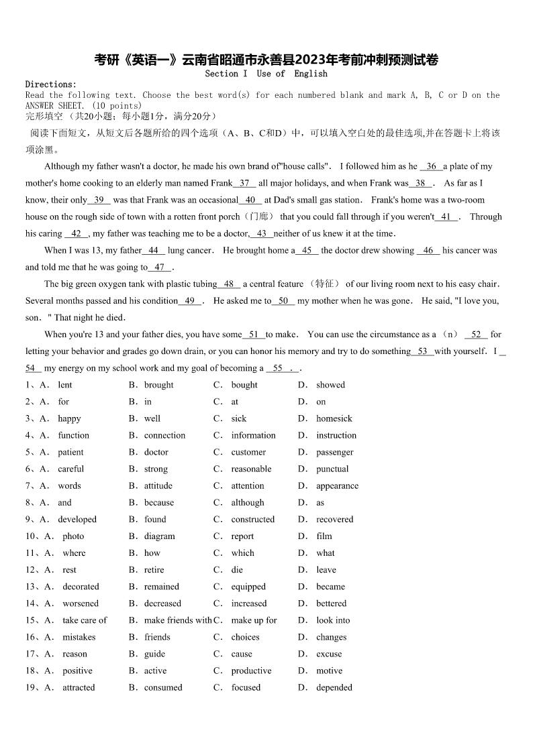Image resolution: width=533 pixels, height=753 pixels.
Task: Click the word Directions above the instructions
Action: tap(50, 84)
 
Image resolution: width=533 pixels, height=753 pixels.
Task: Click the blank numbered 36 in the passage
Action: tap(431, 166)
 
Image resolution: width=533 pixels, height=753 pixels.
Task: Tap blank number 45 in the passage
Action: tap(307, 250)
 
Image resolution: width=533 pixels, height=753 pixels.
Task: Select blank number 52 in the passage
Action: tap(476, 334)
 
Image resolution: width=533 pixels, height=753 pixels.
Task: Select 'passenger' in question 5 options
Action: tap(334, 452)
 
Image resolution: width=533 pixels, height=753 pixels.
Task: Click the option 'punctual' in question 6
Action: tap(332, 469)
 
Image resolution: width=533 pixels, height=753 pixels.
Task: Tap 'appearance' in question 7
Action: tap(337, 485)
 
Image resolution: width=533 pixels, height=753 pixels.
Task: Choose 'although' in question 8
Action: tap(248, 502)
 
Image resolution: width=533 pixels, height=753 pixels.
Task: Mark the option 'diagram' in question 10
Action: tap(159, 536)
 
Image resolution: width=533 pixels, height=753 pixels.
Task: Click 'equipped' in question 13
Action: tap(248, 587)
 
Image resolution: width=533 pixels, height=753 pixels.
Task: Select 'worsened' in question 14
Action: tap(81, 603)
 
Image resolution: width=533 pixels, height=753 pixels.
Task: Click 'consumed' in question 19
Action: tap(163, 687)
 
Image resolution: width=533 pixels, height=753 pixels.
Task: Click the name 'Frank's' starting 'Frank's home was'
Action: tap(385, 200)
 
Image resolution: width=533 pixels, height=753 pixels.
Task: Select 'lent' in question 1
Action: tap(65, 385)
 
